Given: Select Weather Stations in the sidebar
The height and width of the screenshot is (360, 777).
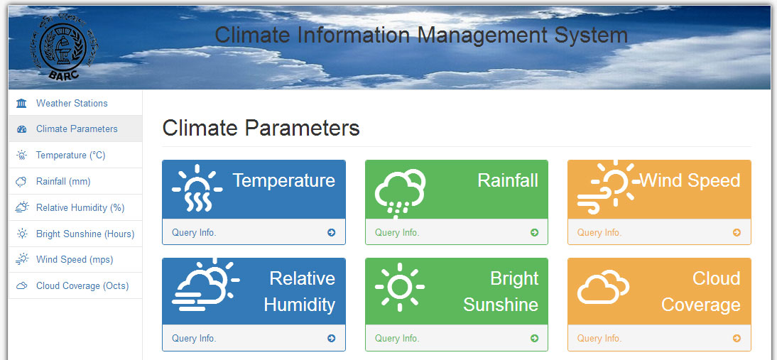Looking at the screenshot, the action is click(x=72, y=104).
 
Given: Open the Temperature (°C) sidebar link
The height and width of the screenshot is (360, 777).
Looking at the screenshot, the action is click(x=71, y=156).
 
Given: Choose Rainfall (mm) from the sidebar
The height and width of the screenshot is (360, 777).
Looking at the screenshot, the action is click(x=63, y=182).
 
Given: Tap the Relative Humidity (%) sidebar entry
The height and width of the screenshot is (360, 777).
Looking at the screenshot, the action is click(x=80, y=208).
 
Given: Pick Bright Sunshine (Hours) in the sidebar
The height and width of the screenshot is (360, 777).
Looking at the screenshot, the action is click(x=85, y=234).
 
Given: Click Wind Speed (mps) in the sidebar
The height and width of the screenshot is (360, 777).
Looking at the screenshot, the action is click(x=75, y=260).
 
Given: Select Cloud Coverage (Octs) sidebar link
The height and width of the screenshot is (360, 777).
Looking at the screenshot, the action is click(x=82, y=286).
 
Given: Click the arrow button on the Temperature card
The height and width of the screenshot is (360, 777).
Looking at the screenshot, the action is click(x=332, y=232).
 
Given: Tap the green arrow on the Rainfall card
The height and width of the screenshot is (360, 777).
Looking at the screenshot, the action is click(x=534, y=232).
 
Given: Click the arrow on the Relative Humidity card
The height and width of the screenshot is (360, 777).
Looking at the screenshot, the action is click(x=332, y=339).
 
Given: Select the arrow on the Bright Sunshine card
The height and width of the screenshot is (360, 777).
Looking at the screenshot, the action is click(x=534, y=339).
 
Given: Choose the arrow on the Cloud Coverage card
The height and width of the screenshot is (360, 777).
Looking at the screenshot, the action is click(x=737, y=339).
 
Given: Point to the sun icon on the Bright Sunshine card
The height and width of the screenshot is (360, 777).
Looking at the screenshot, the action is click(x=399, y=287).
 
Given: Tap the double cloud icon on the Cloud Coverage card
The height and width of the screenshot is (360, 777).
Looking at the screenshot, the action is click(x=603, y=287).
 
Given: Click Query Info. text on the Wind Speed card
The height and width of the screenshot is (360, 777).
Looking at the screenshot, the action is click(x=599, y=233).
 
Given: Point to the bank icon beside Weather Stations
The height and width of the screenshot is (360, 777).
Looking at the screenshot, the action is click(x=21, y=104).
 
